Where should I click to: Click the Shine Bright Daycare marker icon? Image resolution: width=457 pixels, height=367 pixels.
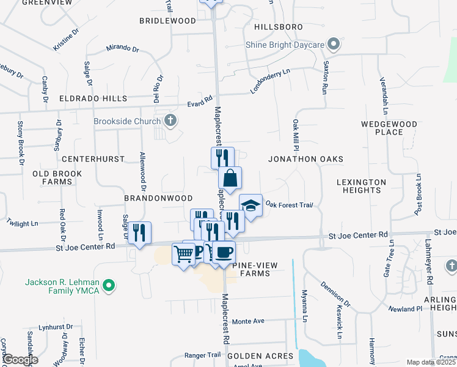click(x=333, y=44)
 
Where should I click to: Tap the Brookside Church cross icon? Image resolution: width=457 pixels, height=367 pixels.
click(x=170, y=120)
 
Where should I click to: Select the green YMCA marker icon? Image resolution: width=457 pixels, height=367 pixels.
click(x=109, y=285)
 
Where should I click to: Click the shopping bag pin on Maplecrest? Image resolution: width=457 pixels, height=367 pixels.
click(x=230, y=179)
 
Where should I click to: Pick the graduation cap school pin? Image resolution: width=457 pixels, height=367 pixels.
click(x=250, y=205)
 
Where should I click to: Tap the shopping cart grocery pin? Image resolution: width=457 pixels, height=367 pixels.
click(x=183, y=253)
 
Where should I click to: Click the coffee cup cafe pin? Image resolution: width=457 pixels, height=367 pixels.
click(x=224, y=252)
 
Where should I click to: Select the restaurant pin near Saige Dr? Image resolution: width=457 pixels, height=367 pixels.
click(x=140, y=232)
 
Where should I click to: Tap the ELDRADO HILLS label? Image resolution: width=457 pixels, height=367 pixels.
click(x=93, y=98)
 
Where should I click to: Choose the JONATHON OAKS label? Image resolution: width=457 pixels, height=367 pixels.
click(x=305, y=159)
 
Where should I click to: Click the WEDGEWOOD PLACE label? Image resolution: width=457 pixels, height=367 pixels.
click(x=389, y=128)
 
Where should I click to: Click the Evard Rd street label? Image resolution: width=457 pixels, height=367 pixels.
click(x=199, y=99)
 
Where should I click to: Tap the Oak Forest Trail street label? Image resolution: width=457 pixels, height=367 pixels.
click(x=289, y=205)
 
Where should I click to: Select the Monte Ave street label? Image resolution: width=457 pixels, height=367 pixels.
click(x=248, y=321)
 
